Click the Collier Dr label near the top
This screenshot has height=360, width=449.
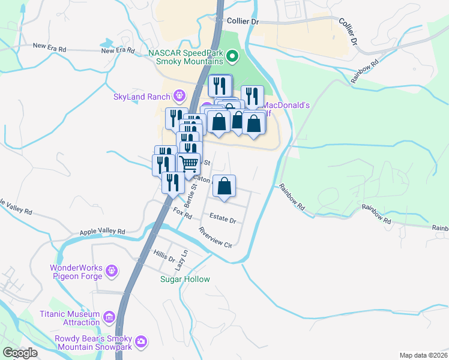243,21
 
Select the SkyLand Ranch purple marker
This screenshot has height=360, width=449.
178,95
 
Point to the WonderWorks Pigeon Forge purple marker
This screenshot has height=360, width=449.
111,272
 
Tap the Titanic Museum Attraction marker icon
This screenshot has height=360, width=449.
109,316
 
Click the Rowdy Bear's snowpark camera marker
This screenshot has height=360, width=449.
141,341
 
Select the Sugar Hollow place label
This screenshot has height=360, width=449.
185,280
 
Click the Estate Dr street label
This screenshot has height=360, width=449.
223,219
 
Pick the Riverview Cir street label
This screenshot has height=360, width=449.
215,238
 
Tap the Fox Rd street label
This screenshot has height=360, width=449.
181,212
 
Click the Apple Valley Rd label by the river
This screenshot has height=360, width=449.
102,231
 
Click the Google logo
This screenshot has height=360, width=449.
20,353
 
